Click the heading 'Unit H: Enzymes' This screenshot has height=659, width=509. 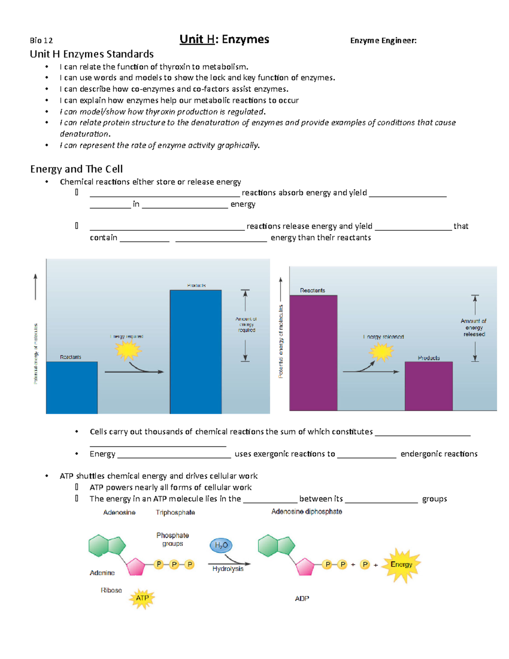224,39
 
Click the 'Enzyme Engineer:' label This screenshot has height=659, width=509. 383,41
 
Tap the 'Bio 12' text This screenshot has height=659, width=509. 41,41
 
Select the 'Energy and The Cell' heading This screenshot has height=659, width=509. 76,169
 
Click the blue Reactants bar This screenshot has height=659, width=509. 72,387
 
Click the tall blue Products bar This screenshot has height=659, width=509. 196,351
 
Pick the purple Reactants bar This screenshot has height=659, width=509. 313,353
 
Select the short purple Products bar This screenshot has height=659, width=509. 428,386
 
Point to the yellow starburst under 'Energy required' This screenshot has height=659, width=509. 128,350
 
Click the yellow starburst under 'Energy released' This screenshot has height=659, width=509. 381,352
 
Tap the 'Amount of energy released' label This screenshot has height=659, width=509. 474,328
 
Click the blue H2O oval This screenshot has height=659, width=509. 221,545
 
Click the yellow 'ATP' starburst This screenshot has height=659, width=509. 142,598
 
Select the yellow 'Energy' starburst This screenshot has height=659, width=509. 401,564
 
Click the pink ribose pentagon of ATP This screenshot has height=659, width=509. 136,567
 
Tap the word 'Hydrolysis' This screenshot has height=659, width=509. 228,569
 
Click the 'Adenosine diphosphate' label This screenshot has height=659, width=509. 306,512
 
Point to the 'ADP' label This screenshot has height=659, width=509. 302,598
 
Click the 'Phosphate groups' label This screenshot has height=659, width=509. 172,539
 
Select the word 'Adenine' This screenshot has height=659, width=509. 102,573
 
